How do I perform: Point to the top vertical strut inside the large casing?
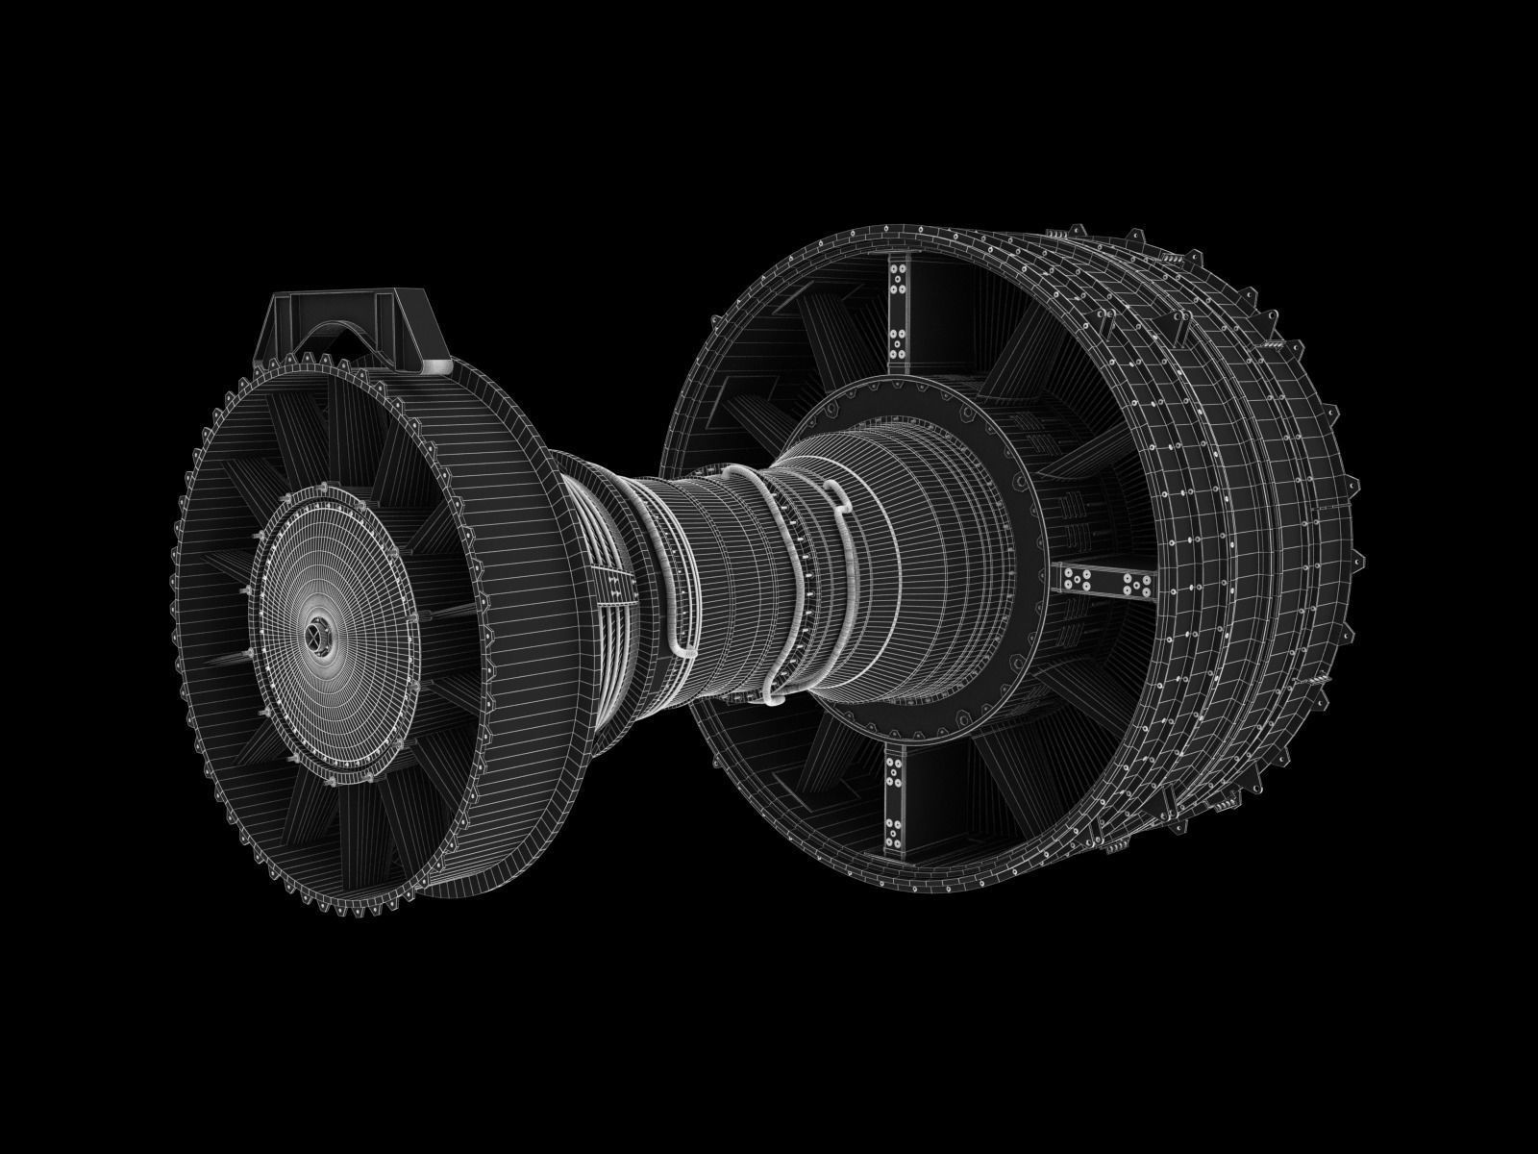point(900,308)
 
